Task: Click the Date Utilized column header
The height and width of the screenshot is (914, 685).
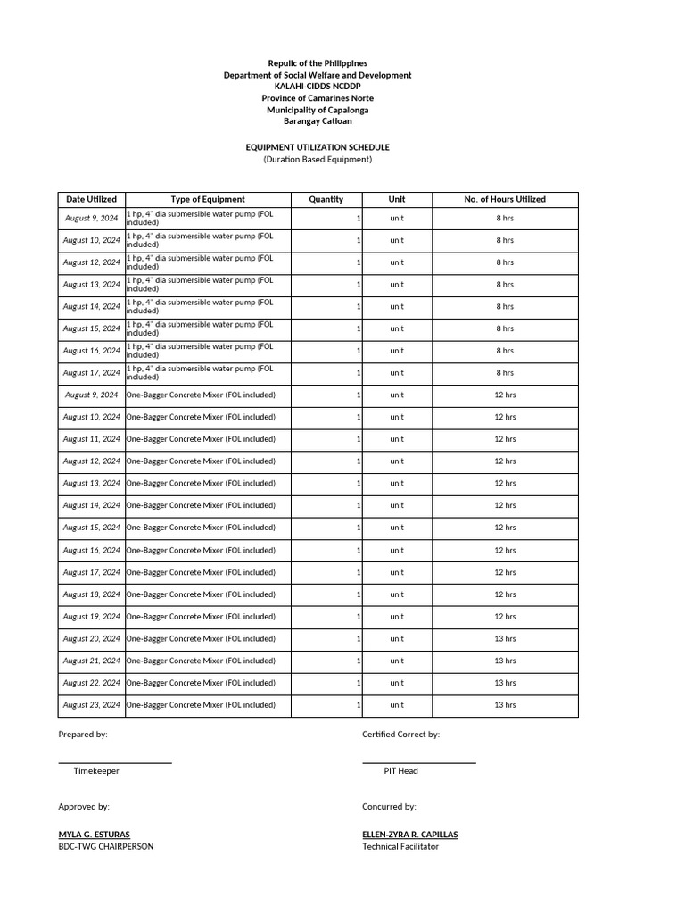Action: coord(91,199)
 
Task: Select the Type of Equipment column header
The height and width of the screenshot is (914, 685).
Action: coord(208,199)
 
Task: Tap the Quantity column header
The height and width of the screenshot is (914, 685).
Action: coord(326,199)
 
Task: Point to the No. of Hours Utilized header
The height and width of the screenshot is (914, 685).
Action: coord(505,199)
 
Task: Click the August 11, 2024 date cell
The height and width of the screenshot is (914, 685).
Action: coord(91,439)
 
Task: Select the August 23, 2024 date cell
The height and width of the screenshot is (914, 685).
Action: coord(91,705)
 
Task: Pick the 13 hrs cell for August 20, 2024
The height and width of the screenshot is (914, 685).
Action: coord(505,638)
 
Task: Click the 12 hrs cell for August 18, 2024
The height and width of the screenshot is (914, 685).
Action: coord(505,594)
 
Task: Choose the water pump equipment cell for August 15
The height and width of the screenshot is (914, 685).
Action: coord(207,328)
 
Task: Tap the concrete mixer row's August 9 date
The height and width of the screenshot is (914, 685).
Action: coord(91,395)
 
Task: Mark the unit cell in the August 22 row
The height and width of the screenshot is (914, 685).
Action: coord(397,683)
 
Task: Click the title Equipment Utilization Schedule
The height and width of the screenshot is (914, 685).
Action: coord(318,147)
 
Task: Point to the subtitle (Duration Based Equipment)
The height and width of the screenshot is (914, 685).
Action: coord(318,160)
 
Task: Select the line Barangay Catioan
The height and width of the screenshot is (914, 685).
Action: coord(318,121)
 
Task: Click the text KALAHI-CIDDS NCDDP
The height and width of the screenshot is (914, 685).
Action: coord(318,87)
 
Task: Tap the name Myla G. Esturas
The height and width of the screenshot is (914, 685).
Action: coord(94,834)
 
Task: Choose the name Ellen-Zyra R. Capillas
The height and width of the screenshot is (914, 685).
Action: coord(410,834)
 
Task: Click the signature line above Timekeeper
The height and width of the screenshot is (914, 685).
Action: coord(115,762)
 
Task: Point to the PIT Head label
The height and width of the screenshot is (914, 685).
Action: coord(400,770)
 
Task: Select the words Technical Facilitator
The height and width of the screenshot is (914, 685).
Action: coord(400,846)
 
